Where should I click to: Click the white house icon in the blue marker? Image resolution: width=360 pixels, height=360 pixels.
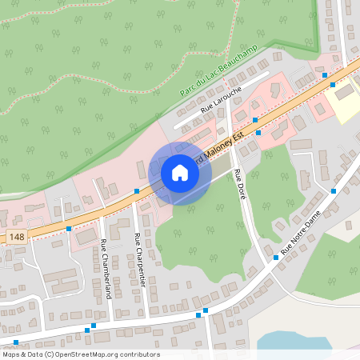(x=180, y=173)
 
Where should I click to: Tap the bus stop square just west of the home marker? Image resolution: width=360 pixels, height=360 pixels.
(x=137, y=191)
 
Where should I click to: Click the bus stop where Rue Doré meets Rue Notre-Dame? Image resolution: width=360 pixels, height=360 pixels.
(x=274, y=258)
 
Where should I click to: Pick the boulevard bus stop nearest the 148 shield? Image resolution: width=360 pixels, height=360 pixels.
(x=69, y=228)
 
